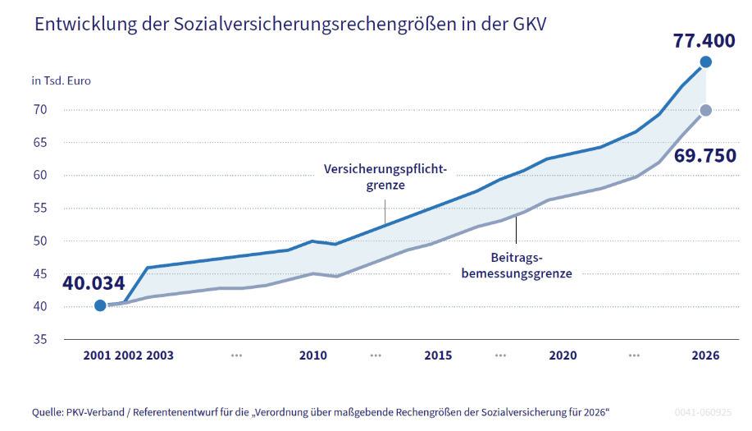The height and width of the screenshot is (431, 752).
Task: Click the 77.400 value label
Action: [704, 40]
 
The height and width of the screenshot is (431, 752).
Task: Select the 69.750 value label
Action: [704, 156]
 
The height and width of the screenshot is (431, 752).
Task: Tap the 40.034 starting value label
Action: [93, 283]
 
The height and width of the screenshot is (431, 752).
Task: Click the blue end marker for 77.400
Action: [706, 62]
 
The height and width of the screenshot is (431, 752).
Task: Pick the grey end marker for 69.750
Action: [706, 110]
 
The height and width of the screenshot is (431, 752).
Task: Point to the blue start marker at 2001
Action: [100, 305]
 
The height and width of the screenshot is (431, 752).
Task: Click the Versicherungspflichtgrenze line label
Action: [386, 177]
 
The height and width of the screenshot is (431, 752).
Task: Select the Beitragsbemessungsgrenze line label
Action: [516, 265]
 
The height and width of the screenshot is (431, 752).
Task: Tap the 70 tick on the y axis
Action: [40, 110]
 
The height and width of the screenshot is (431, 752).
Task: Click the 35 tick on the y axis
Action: [40, 339]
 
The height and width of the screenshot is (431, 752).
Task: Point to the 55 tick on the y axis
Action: [40, 209]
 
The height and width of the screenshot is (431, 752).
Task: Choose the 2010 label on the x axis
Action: [313, 356]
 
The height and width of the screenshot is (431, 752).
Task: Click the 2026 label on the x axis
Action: [705, 356]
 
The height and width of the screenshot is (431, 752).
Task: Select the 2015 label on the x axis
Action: [439, 356]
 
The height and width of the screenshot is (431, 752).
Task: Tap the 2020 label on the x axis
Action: [563, 356]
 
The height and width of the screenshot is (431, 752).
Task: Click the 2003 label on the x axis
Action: [160, 356]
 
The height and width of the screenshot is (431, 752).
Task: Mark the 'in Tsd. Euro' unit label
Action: [62, 80]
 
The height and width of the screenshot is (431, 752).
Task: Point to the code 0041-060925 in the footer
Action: [704, 411]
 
